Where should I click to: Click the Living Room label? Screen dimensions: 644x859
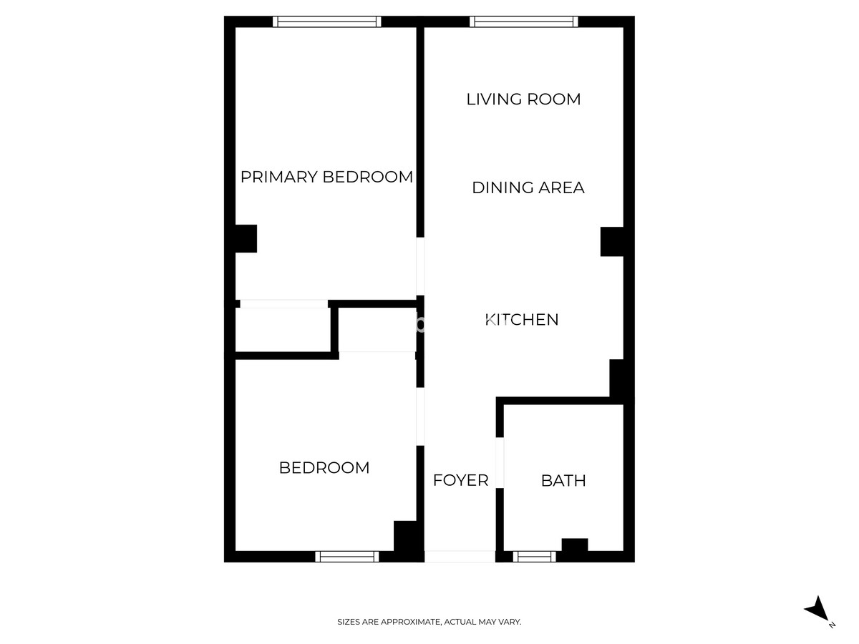click(x=523, y=99)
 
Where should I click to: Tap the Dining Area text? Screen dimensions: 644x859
click(x=528, y=187)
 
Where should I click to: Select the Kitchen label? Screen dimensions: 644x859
click(x=522, y=319)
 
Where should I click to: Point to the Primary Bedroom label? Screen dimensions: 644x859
click(x=326, y=177)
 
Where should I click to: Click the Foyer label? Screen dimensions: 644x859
click(x=460, y=480)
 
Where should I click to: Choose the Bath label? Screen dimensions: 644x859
click(x=563, y=481)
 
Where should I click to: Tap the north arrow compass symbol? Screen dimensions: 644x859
click(x=818, y=610)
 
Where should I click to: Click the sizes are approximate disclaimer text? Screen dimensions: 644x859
click(x=429, y=623)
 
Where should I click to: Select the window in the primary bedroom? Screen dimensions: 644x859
click(x=328, y=22)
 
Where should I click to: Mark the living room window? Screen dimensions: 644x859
click(x=524, y=22)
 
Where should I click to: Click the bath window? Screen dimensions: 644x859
click(x=535, y=556)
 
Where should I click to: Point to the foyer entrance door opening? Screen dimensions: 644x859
click(x=460, y=556)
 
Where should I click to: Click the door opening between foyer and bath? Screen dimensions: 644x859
click(x=500, y=462)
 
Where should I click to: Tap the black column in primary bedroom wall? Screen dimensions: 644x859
click(x=246, y=239)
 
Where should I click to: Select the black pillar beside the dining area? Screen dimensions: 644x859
click(x=612, y=241)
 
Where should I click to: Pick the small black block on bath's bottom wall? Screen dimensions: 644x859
click(x=574, y=545)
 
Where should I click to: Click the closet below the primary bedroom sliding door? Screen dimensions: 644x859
click(x=283, y=329)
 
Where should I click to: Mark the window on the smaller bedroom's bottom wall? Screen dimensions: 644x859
click(x=347, y=556)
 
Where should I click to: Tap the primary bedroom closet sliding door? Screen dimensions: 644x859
click(x=283, y=304)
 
